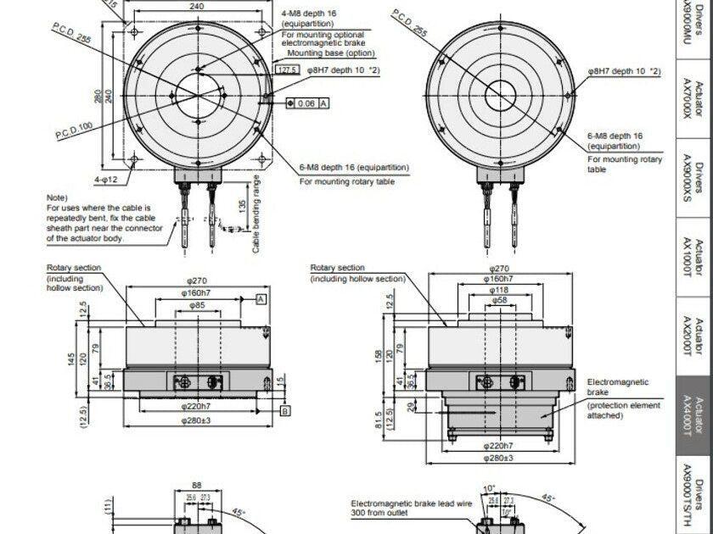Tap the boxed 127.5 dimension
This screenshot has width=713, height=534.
(288, 70)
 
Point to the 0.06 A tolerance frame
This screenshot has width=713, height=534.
(308, 103)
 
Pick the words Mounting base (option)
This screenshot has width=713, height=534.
(327, 53)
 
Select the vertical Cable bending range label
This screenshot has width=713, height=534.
(256, 214)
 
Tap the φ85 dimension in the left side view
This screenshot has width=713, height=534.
(196, 305)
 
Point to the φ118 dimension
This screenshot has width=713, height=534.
(500, 289)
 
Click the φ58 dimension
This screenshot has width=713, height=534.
(500, 300)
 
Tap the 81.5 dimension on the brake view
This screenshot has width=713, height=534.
(379, 420)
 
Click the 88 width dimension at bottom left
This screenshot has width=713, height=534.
(196, 487)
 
